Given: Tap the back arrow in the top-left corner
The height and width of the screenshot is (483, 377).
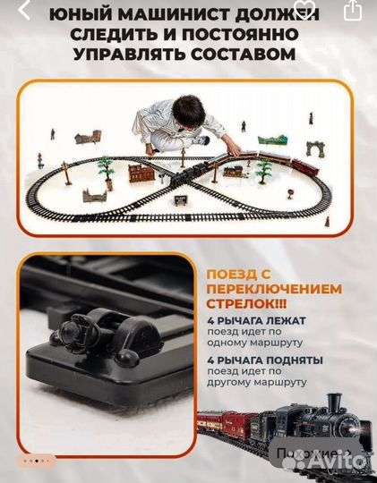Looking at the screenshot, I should click(24, 11).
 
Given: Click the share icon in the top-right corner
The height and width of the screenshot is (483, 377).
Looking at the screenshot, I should click(353, 11).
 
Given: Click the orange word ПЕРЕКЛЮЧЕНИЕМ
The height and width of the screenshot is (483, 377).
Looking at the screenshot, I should click(274, 289).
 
